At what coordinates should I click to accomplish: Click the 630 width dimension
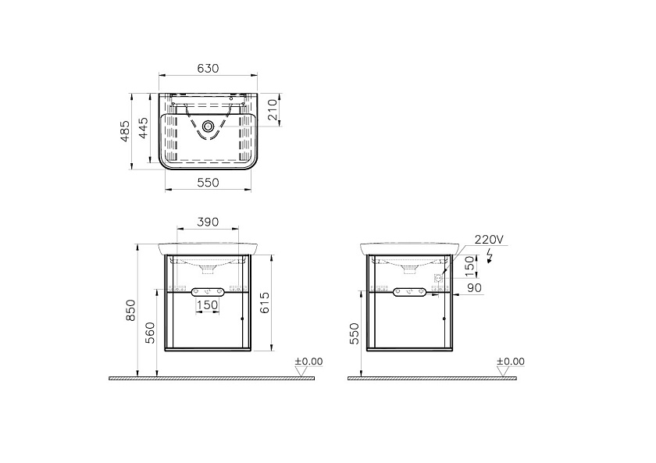(x=208, y=68)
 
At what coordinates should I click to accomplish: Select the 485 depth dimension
(x=125, y=131)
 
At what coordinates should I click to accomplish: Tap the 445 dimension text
(x=143, y=128)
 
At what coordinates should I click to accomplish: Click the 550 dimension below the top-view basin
(x=209, y=183)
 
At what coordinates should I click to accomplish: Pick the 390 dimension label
(x=208, y=222)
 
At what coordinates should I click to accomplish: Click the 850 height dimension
(x=131, y=310)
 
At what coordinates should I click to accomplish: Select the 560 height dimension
(x=150, y=333)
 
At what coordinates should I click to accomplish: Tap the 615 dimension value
(x=265, y=302)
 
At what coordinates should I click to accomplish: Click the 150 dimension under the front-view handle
(x=208, y=305)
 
